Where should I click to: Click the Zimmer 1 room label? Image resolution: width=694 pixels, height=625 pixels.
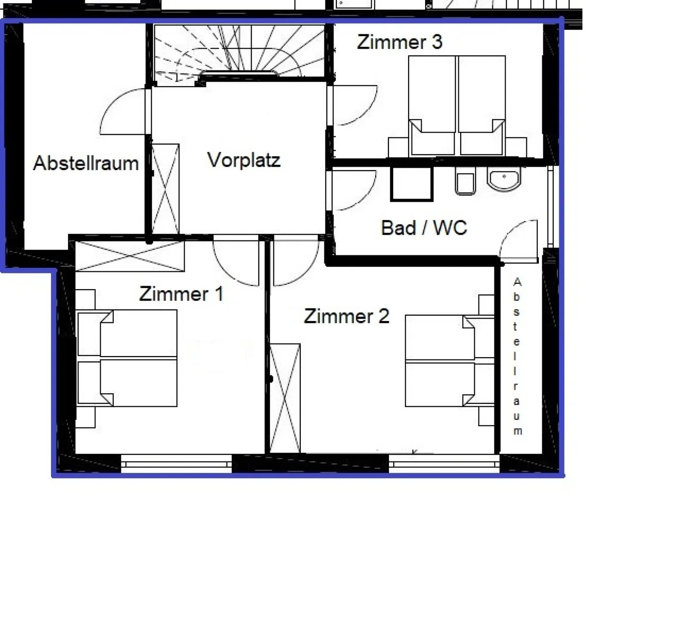[x=181, y=294]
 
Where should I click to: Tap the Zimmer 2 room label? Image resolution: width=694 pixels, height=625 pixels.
[x=347, y=317]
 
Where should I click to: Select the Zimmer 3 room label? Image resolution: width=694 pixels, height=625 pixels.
[x=400, y=42]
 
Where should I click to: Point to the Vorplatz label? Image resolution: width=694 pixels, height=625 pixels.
[x=244, y=160]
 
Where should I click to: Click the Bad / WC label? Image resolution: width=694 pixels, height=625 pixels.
[x=424, y=227]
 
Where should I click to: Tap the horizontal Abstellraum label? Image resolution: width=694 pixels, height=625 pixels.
[x=86, y=163]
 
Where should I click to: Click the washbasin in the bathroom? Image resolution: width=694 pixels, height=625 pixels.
[x=504, y=179]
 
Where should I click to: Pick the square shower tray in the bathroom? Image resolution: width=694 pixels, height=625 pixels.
[x=412, y=183]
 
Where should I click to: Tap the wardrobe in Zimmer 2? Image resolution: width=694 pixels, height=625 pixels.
[x=285, y=398]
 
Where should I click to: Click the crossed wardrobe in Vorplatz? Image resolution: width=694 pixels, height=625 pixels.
[x=165, y=188]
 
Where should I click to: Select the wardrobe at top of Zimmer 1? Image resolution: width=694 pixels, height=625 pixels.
[x=130, y=256]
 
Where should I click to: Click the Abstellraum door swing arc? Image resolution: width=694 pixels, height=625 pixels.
[x=123, y=112]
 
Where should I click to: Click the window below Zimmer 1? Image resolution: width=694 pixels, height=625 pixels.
[x=176, y=464]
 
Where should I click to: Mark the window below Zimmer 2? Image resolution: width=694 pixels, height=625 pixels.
[x=444, y=464]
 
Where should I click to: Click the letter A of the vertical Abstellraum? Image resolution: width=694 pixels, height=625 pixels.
[x=517, y=282]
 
